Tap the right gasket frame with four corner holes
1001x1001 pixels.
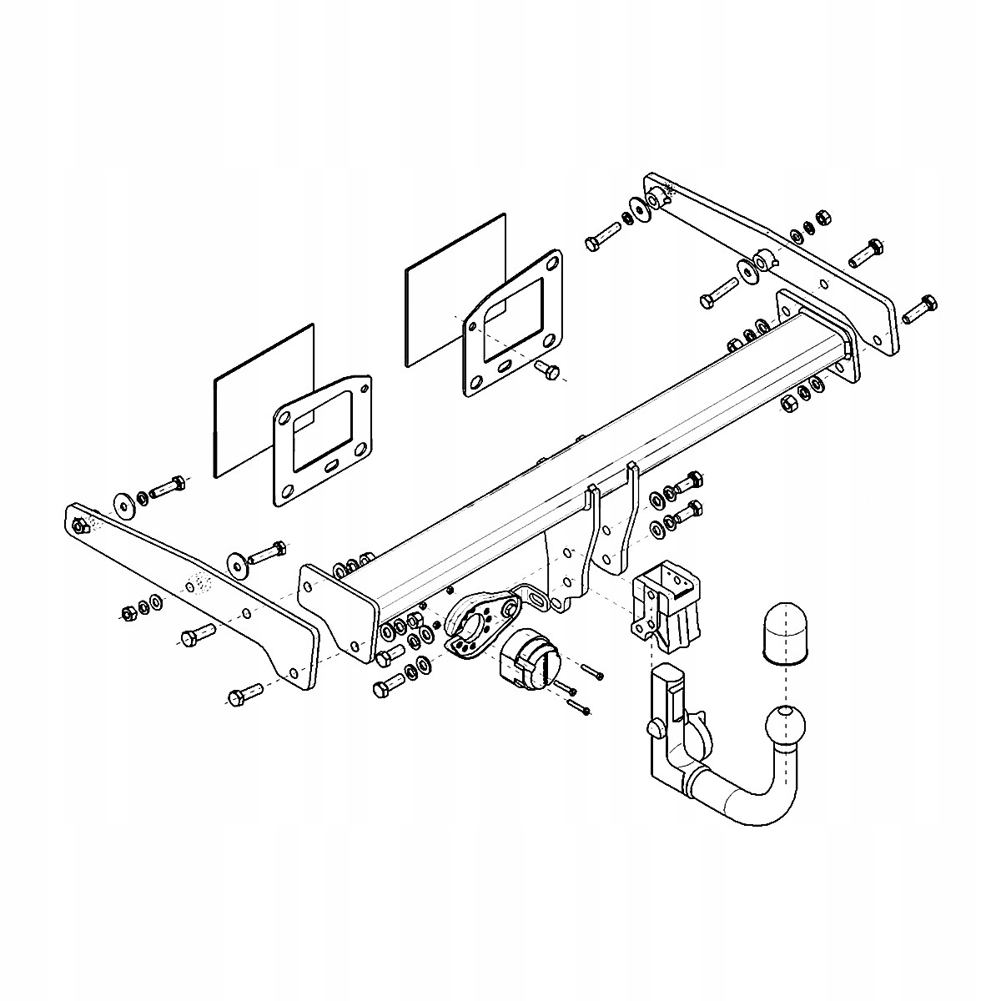513,321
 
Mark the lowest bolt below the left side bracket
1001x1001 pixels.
244,694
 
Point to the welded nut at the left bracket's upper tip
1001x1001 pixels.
79,526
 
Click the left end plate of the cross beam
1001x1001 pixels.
334,609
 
